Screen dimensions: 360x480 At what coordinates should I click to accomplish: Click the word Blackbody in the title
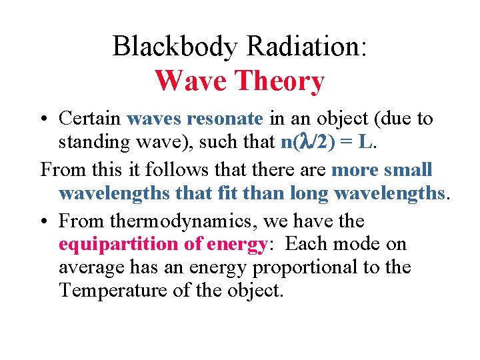tap(175, 47)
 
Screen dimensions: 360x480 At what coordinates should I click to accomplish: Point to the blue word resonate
tap(225, 119)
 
